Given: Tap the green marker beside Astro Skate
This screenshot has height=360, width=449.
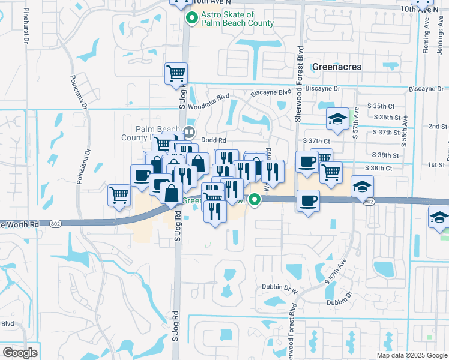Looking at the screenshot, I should (192, 19).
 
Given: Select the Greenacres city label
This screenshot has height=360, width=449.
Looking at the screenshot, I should (337, 67).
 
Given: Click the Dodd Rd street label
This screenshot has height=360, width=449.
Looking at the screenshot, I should (212, 140).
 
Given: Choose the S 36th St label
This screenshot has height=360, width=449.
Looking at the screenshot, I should (386, 118).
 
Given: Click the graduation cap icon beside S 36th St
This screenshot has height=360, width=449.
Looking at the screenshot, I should (337, 118).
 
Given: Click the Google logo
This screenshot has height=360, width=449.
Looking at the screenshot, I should (20, 353).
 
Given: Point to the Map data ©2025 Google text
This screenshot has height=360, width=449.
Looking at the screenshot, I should (411, 355).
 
